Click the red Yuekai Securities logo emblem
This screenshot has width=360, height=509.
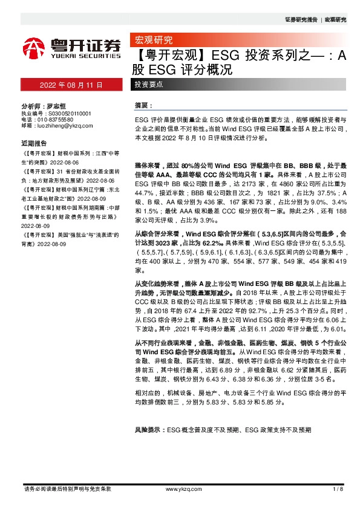[x=34, y=47]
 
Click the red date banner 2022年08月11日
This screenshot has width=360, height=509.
[x=71, y=85]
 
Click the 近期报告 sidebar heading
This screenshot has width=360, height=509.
[x=34, y=144]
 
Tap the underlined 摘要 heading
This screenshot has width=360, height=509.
[x=141, y=105]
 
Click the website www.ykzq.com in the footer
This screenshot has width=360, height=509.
[x=178, y=488]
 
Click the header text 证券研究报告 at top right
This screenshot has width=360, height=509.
[x=300, y=20]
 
